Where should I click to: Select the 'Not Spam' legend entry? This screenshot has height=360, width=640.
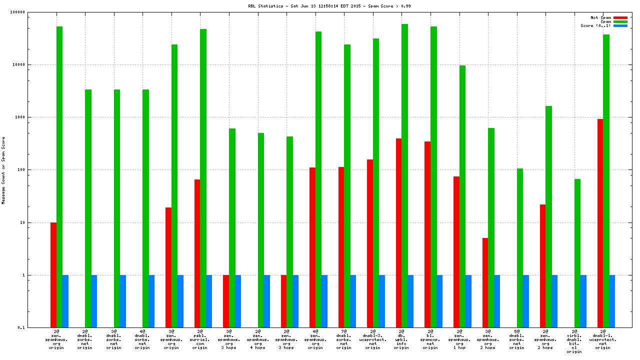(600, 17)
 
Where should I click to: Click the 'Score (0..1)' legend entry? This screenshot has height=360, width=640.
(595, 25)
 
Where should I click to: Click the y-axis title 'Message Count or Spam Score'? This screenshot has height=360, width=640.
(3, 170)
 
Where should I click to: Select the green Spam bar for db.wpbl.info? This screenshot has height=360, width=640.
(404, 175)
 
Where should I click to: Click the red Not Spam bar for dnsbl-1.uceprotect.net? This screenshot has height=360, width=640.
(600, 223)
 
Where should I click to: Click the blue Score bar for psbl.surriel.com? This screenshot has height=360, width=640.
(209, 301)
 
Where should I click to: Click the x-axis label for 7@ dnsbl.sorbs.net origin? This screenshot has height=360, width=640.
(343, 339)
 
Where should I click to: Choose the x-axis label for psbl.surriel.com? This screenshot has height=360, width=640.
(200, 339)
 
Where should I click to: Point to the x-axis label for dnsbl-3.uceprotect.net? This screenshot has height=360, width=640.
(372, 339)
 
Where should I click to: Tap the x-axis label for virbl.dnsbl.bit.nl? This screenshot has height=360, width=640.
(574, 341)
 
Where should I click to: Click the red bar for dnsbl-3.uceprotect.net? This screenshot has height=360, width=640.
(369, 243)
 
